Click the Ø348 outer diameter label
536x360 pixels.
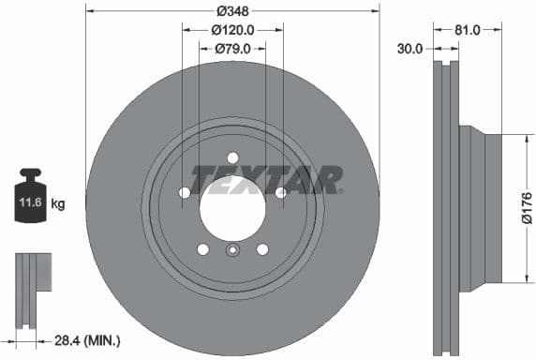click(231, 11)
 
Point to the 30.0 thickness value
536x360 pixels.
click(410, 47)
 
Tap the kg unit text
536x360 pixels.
click(57, 202)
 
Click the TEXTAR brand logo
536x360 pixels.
click(267, 178)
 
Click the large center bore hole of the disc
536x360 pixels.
click(232, 205)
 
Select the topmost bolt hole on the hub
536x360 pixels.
click(232, 157)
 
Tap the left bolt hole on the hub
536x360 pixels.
click(185, 192)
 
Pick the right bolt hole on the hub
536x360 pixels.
click(280, 192)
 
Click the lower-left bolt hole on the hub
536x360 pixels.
click(202, 248)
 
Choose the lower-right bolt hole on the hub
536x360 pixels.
click(262, 248)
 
